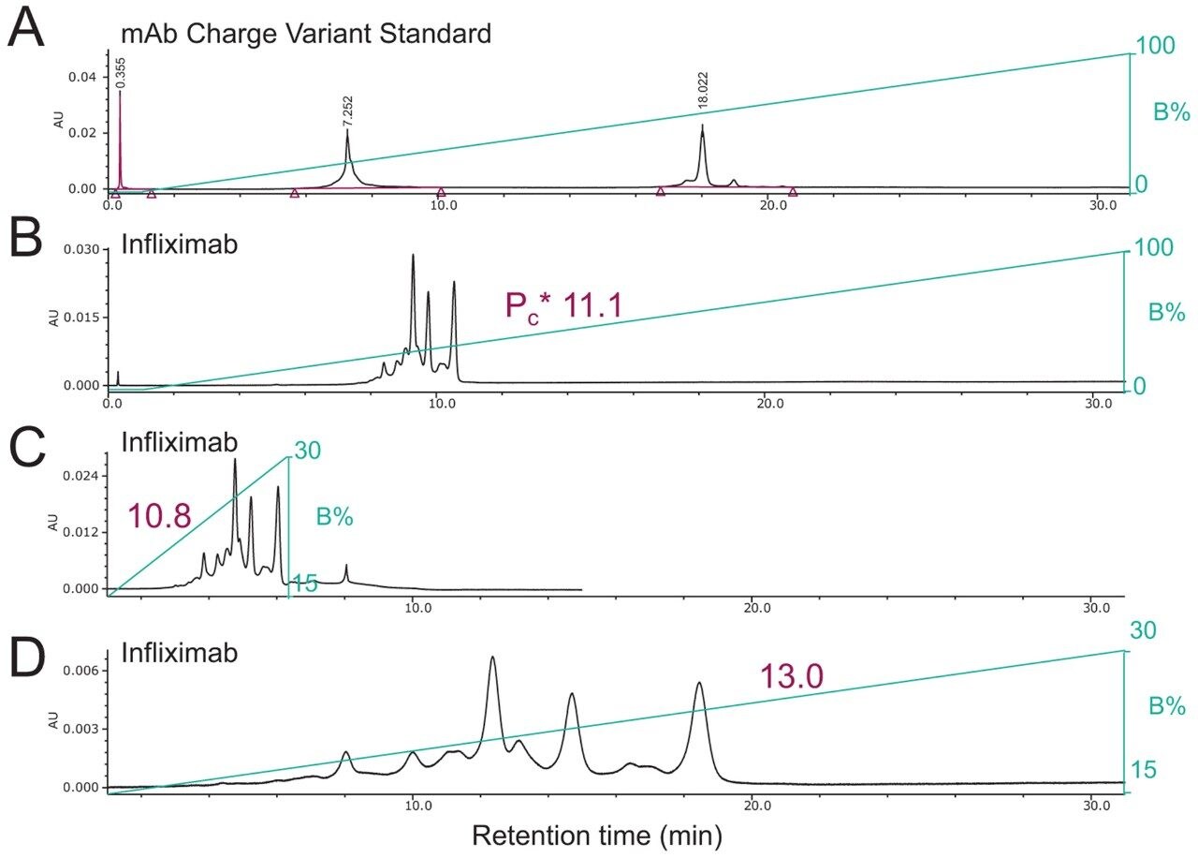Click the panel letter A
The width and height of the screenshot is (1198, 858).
click(25, 30)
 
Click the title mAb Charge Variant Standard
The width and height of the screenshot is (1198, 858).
click(306, 35)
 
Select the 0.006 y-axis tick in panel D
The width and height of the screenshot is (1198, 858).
click(82, 672)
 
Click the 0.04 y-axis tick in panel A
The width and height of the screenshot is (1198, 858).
click(86, 76)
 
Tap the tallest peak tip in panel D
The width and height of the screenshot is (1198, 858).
click(492, 658)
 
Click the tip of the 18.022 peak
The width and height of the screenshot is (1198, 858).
click(702, 126)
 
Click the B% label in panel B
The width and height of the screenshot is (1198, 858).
click(1167, 312)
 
